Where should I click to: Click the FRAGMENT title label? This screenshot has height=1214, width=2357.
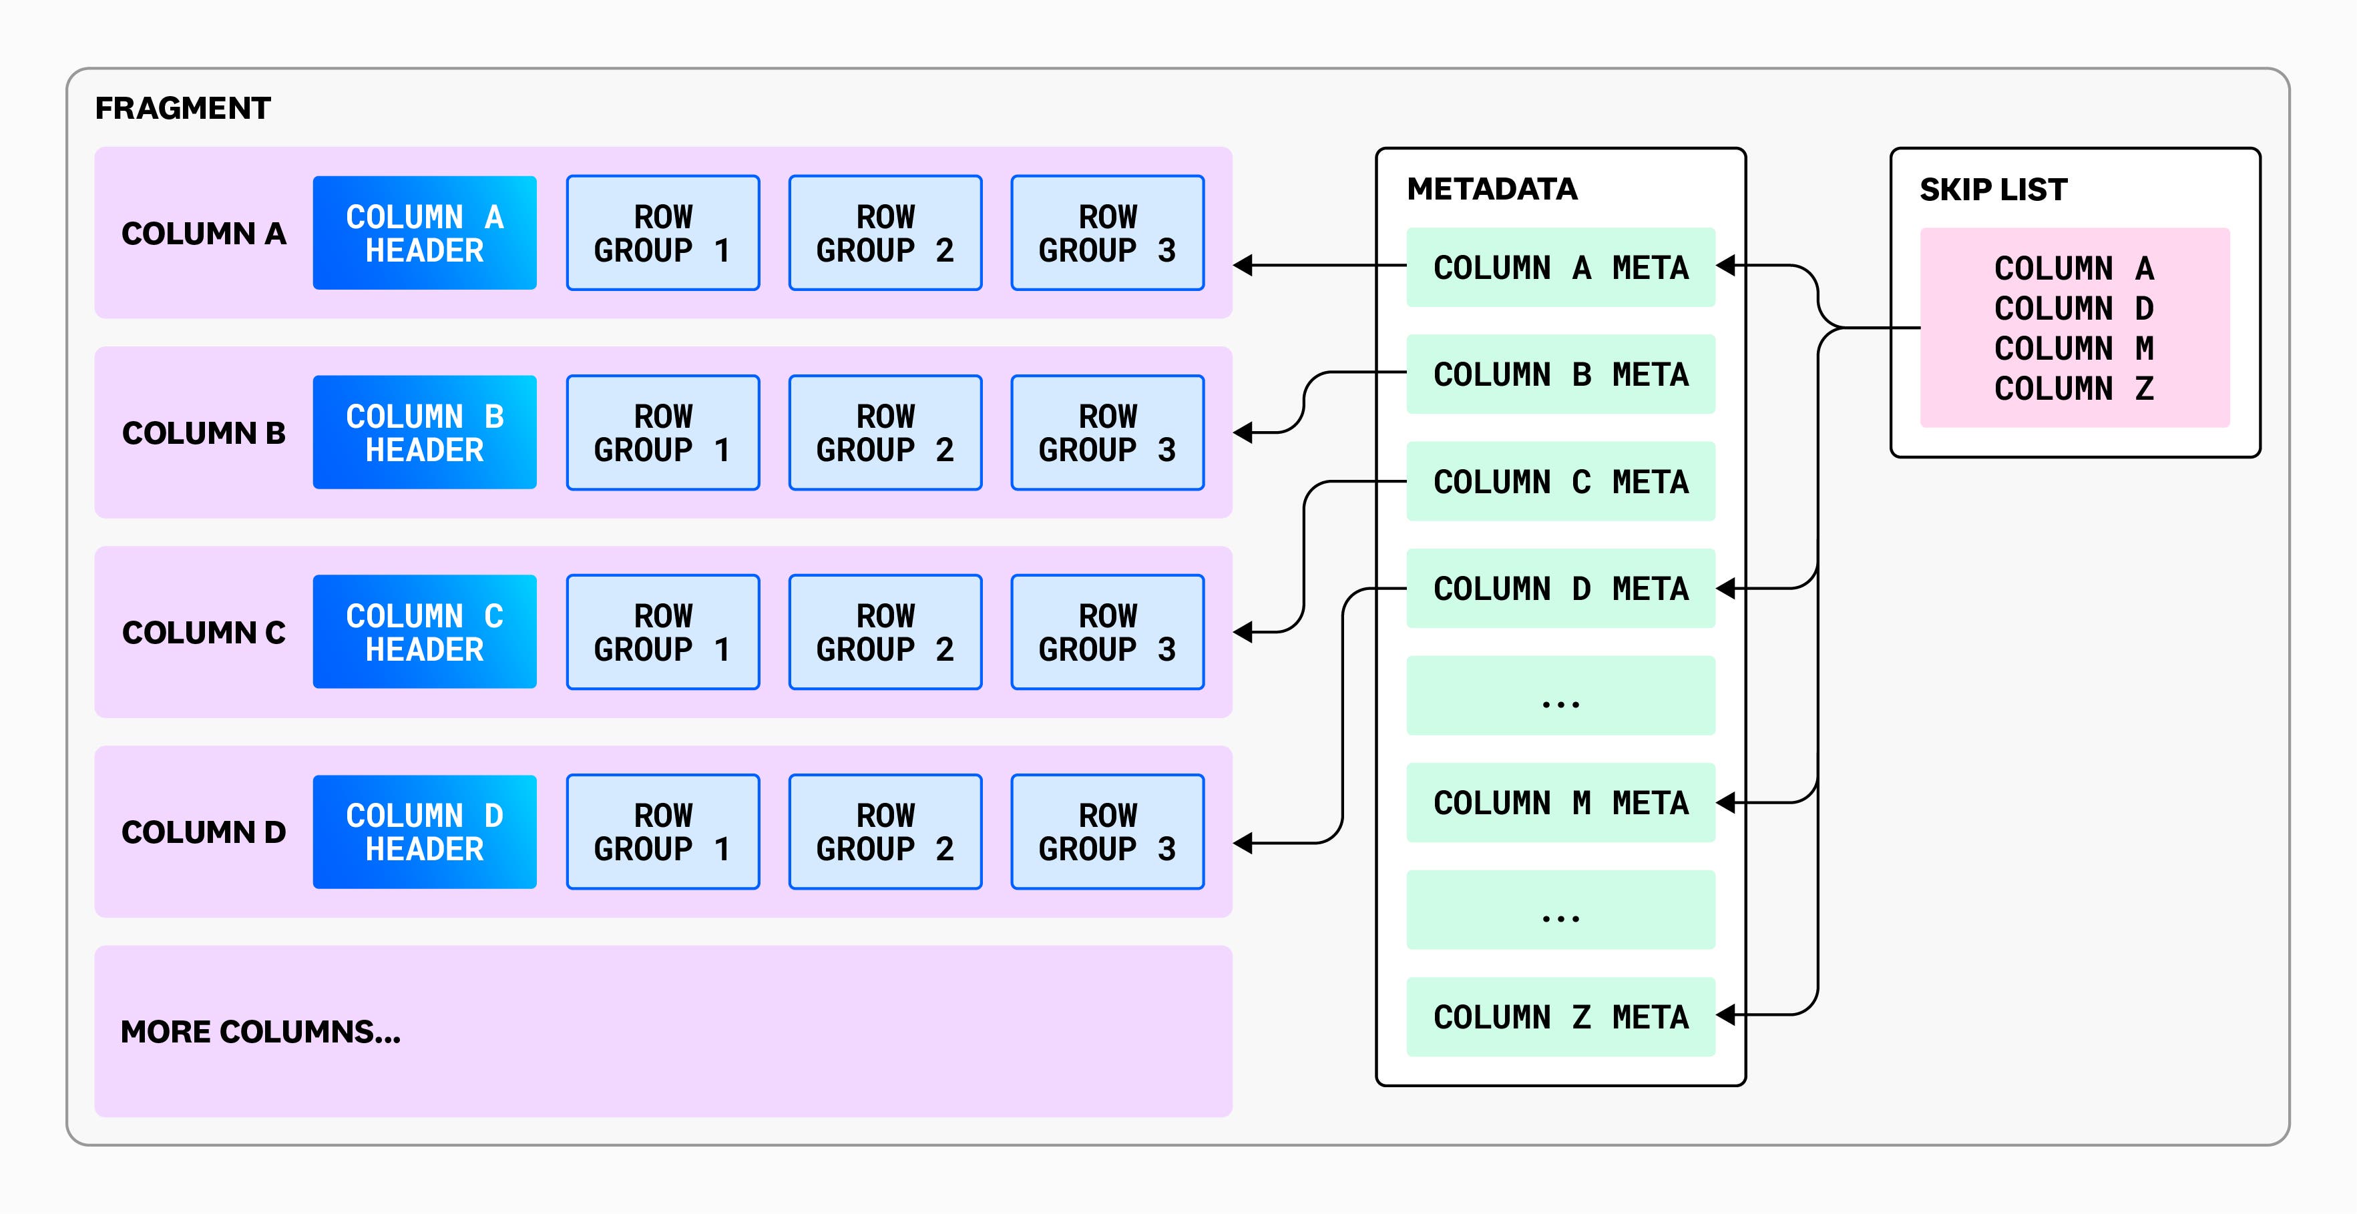coord(182,108)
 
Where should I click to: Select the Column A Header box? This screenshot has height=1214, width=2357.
coord(425,234)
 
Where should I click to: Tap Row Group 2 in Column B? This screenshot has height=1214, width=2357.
coord(885,432)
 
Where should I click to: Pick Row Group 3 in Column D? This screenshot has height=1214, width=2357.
coord(1107,832)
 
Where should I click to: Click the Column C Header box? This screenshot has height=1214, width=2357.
coord(425,632)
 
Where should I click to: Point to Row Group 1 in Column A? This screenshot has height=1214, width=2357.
coord(662,234)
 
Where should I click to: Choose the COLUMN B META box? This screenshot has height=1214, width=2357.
coord(1560,374)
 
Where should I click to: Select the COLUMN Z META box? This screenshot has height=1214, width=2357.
coord(1560,1016)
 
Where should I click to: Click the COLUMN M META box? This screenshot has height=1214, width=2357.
coord(1560,802)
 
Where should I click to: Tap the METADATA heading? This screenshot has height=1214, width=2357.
coord(1492,188)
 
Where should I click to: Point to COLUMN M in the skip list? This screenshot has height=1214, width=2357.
coord(2073,348)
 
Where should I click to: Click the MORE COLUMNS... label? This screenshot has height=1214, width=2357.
coord(261,1032)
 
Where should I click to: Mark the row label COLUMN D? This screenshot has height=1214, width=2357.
coord(203,832)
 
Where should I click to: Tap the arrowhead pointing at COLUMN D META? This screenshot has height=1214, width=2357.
coord(1725,588)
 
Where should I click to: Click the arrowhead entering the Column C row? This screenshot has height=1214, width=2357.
coord(1243,632)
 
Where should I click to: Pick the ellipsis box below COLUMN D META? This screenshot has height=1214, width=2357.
coord(1560,696)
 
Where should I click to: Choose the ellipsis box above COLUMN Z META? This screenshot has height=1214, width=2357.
coord(1560,910)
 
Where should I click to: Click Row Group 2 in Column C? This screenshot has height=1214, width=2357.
coord(885,632)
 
